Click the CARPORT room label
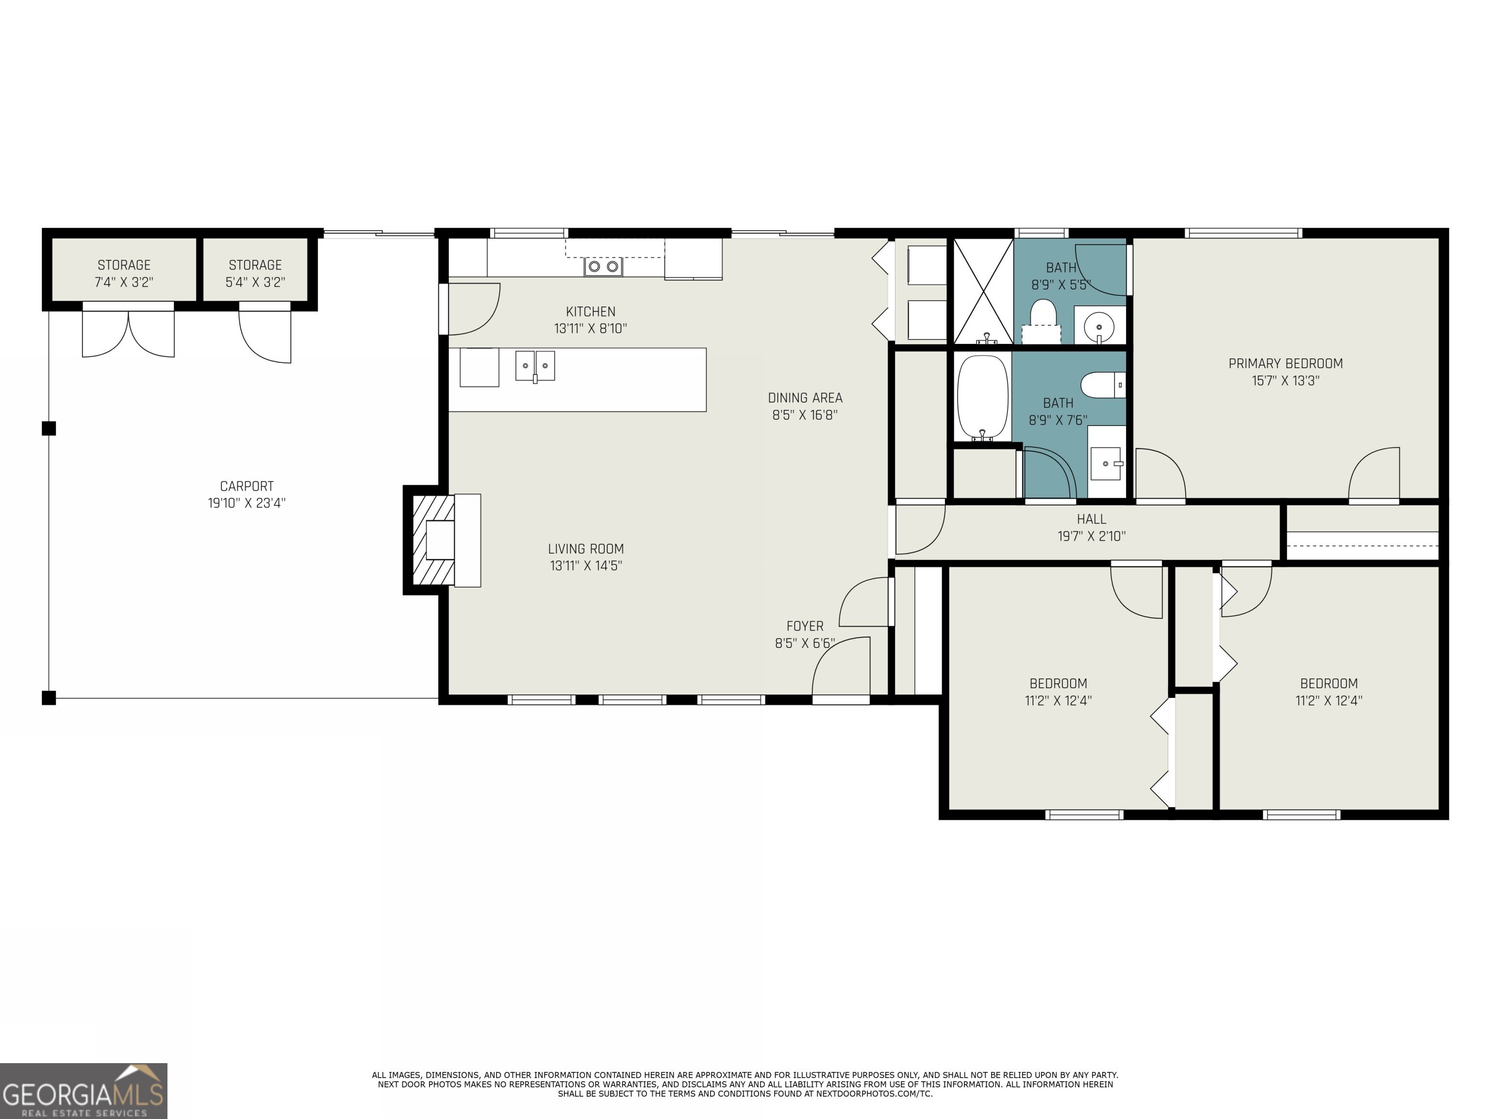tap(247, 486)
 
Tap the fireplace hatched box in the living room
tap(433, 540)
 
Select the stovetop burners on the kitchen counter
tap(603, 267)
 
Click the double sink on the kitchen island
tap(535, 366)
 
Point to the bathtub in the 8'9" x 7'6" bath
tap(983, 398)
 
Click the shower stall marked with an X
tap(983, 291)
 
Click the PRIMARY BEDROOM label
tap(1285, 364)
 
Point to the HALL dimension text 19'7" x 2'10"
tap(1091, 536)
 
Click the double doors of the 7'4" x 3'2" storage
tap(128, 331)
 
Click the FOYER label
tap(805, 626)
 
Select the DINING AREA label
tap(805, 398)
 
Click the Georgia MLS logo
tap(83, 1091)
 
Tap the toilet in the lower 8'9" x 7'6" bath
tap(1103, 385)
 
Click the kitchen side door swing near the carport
tap(474, 309)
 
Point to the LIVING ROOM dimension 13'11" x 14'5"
tap(586, 566)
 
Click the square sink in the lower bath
tap(1106, 463)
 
